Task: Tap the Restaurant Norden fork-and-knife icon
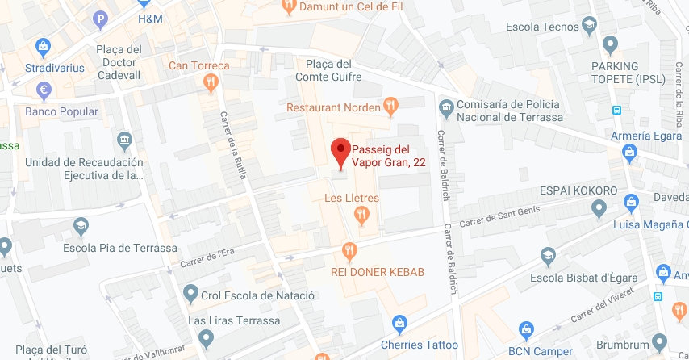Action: pyautogui.click(x=390, y=104)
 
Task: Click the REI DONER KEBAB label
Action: pyautogui.click(x=378, y=271)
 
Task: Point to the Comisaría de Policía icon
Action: pyautogui.click(x=445, y=106)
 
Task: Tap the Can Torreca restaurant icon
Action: pyautogui.click(x=210, y=82)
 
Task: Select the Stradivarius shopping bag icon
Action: pyautogui.click(x=42, y=48)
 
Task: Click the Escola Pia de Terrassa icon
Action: pyautogui.click(x=81, y=225)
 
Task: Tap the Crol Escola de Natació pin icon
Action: pyautogui.click(x=190, y=292)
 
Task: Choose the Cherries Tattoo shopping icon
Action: pyautogui.click(x=399, y=324)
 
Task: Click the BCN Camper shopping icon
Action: pyautogui.click(x=526, y=329)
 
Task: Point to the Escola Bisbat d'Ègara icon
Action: pyautogui.click(x=549, y=257)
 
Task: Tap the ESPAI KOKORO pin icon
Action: pyautogui.click(x=599, y=209)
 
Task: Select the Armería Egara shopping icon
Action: pyautogui.click(x=631, y=153)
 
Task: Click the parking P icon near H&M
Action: pyautogui.click(x=100, y=19)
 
